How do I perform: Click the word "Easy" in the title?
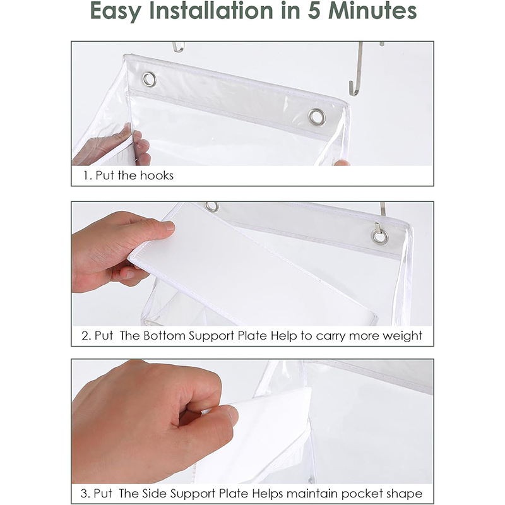tap(116, 11)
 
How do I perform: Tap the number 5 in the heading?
tap(314, 11)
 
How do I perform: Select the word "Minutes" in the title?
tap(372, 11)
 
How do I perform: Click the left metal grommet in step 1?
tap(149, 80)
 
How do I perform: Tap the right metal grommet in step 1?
tap(317, 117)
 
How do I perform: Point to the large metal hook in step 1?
tap(357, 71)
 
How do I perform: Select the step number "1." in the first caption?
tap(88, 175)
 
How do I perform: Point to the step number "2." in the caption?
tap(86, 336)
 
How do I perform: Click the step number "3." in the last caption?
tap(85, 494)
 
